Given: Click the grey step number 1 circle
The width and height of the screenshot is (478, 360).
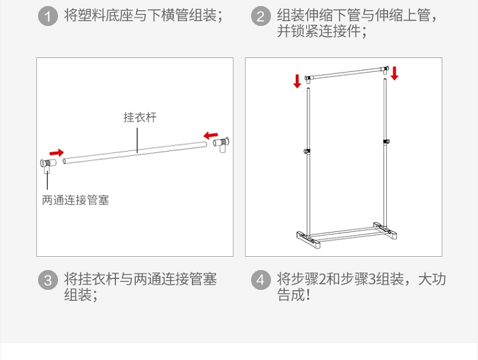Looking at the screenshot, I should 48,16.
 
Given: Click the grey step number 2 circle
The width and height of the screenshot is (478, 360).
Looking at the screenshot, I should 260,16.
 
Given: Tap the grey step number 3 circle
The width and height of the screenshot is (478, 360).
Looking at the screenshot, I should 48,280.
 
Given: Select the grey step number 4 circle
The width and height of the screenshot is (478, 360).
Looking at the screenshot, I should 260,280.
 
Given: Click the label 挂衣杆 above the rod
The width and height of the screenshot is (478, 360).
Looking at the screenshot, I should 140,117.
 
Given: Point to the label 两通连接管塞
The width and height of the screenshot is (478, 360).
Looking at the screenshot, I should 75,200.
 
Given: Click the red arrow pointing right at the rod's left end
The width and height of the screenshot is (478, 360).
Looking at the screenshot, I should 57,153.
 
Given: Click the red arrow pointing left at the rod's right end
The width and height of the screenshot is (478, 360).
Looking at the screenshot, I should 210,135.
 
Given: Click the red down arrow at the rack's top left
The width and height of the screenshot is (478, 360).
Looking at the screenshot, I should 297,82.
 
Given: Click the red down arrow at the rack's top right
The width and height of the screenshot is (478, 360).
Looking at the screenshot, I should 395,73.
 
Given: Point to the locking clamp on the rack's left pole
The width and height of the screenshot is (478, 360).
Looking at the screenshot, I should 307,151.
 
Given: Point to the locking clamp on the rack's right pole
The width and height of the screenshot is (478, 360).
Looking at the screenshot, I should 386,141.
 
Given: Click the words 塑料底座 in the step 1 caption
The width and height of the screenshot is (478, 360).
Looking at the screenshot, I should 103,16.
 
